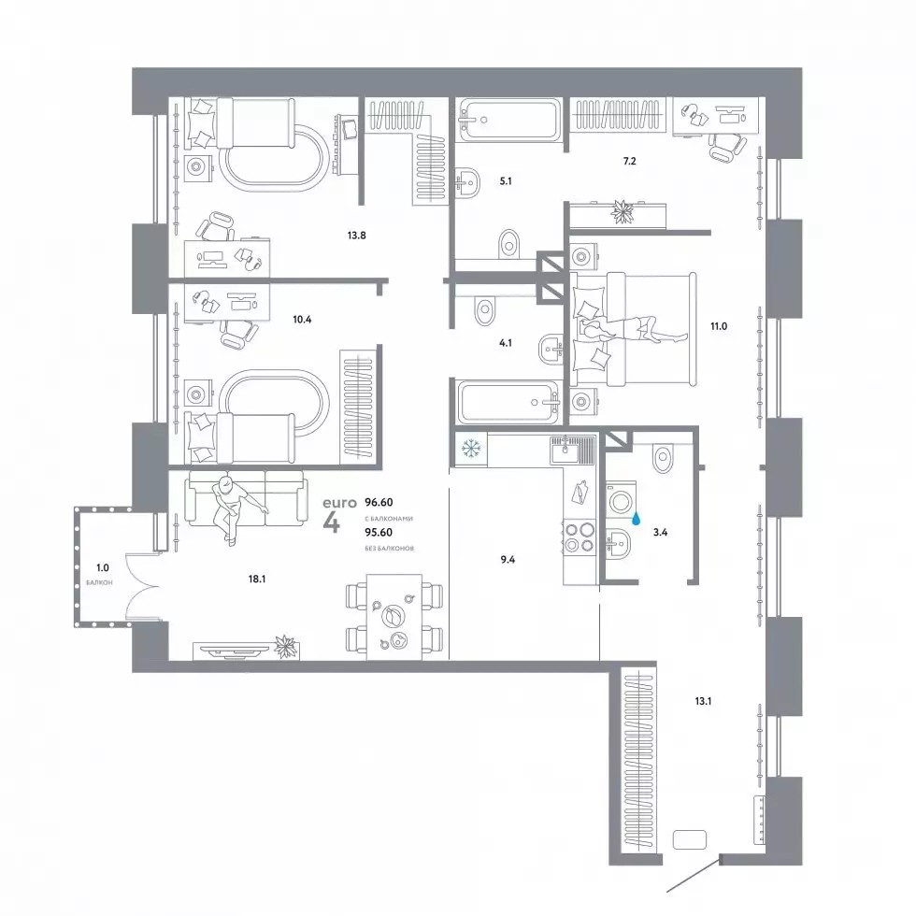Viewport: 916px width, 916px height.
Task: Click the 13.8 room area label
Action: tap(356, 236)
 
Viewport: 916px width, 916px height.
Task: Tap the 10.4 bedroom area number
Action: tap(302, 320)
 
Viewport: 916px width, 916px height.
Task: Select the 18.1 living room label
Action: tap(257, 579)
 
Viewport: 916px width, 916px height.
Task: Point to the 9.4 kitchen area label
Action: tap(508, 560)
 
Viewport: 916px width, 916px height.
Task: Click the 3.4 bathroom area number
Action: tap(660, 532)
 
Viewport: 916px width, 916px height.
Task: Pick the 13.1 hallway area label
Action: tap(703, 701)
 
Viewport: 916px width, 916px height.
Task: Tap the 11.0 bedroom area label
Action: tap(719, 326)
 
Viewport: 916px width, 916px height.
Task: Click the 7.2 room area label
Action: tap(629, 161)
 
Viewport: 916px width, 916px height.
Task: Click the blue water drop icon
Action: tap(637, 517)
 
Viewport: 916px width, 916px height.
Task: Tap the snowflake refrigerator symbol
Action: tap(470, 449)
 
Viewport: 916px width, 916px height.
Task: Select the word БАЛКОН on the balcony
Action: tap(99, 582)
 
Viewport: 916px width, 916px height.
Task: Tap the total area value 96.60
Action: tap(379, 503)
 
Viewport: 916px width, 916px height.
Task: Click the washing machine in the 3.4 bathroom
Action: tap(621, 501)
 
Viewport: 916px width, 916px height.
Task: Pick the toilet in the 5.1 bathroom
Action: tap(509, 244)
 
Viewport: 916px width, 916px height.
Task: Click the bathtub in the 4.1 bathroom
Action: tap(508, 403)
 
